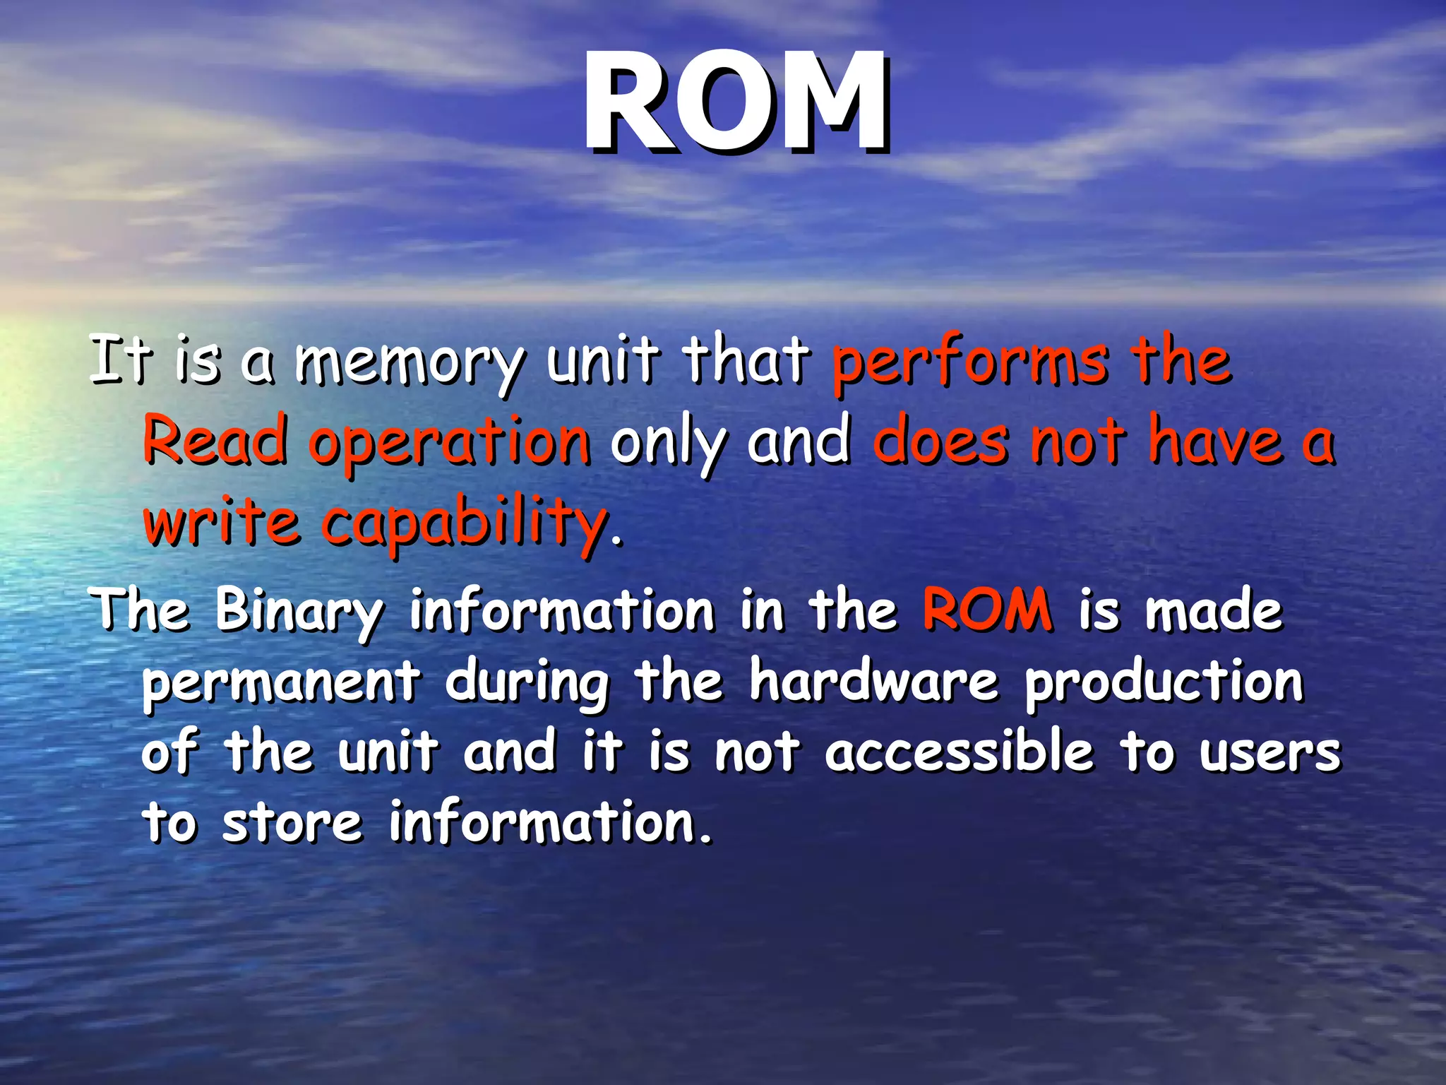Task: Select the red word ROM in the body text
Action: (987, 609)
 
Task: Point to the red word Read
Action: (215, 441)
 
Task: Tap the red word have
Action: (1214, 441)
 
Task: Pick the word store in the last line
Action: (292, 823)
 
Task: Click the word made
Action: (1213, 610)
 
